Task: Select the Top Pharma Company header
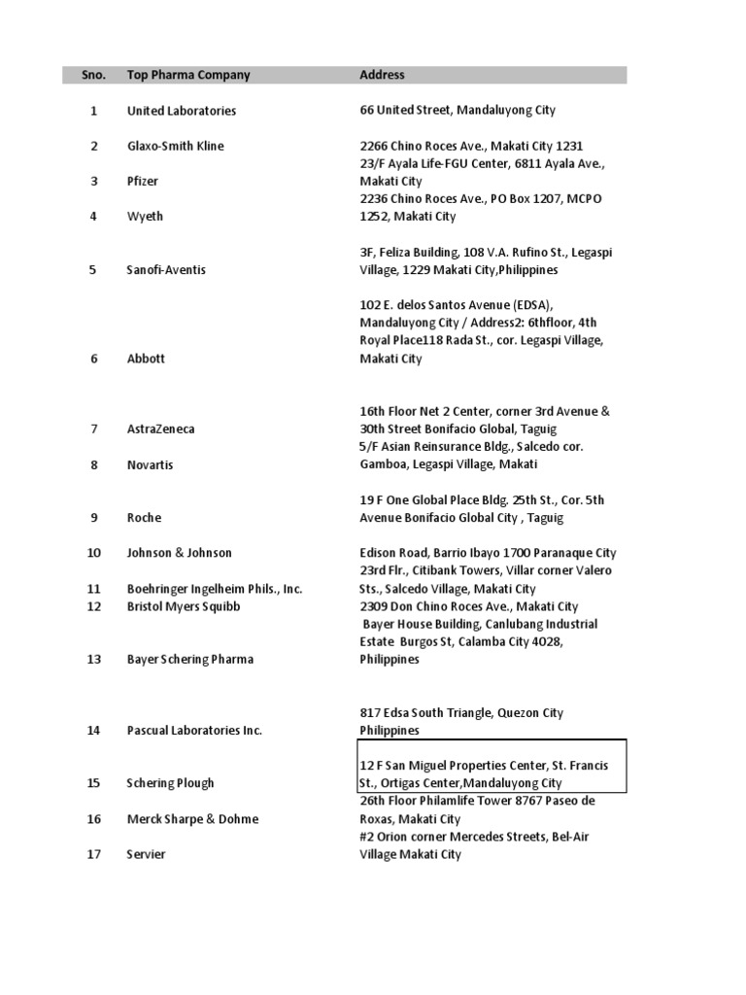tap(188, 75)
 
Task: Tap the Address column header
tap(382, 75)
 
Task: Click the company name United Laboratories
tap(182, 111)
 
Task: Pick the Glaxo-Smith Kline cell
tap(176, 146)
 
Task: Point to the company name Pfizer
tap(143, 181)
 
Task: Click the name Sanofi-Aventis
tap(167, 269)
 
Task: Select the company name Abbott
tap(147, 359)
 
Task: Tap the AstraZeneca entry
tap(161, 429)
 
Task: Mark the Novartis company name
tap(151, 464)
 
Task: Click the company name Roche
tap(145, 517)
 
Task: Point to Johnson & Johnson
tap(180, 553)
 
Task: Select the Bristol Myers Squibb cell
tap(184, 606)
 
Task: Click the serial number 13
tap(94, 659)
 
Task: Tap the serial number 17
tap(94, 854)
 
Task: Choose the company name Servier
tap(147, 854)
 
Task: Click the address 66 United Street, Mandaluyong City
tap(458, 111)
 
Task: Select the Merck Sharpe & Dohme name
tap(193, 819)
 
